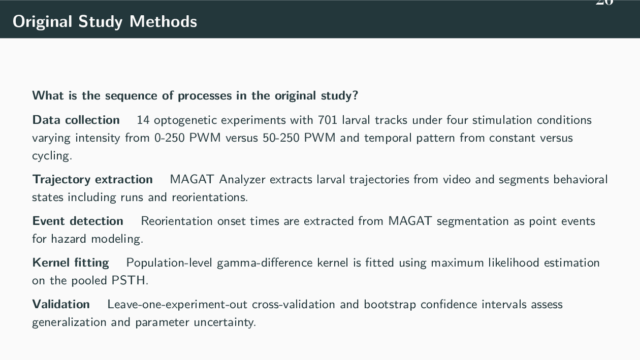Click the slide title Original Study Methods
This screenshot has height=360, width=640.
pos(105,21)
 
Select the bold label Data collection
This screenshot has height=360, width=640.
pos(76,120)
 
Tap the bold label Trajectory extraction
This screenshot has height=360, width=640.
pos(92,179)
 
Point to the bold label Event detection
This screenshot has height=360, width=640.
pos(78,221)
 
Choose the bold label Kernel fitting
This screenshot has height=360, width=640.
pos(71,263)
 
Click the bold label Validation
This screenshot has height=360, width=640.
pos(61,304)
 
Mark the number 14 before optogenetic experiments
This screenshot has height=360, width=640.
pos(143,120)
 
